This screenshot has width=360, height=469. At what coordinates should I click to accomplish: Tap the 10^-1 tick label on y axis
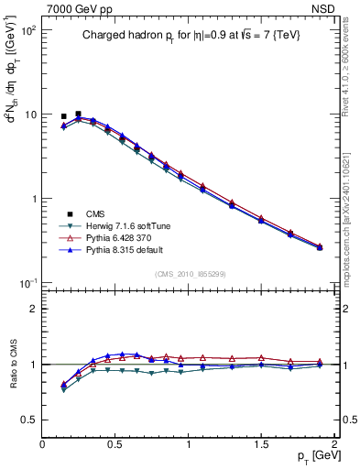tap(26, 283)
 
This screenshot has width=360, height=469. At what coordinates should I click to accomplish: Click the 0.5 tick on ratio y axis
tap(28, 420)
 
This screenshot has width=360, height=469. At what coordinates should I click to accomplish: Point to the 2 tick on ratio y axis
tap(34, 309)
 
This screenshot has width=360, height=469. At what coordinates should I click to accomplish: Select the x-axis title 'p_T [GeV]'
tap(317, 456)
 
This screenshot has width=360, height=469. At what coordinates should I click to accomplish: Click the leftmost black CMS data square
tap(63, 116)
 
